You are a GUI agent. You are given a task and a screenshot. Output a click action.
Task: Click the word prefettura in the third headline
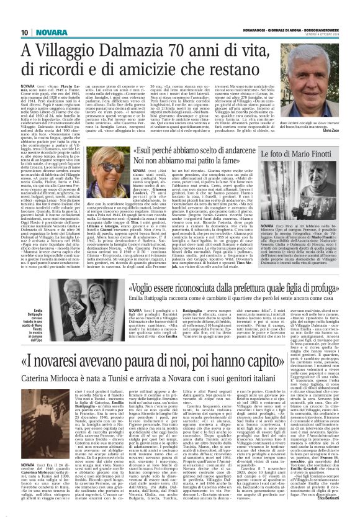[258, 288]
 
